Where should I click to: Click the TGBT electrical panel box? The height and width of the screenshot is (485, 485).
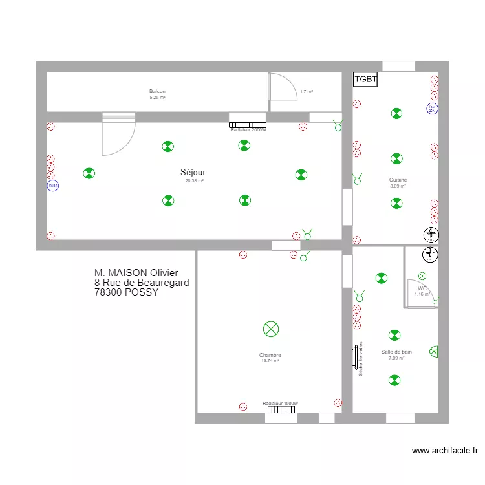tap(365, 80)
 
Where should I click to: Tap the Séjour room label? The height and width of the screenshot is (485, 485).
tap(193, 173)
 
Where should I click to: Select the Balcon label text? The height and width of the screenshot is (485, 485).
tap(157, 92)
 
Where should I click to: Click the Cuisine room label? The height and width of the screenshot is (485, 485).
tap(398, 180)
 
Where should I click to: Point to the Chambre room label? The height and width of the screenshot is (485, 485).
tap(270, 355)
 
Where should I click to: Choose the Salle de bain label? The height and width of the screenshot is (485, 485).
tap(396, 352)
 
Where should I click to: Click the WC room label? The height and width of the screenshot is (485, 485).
tap(422, 288)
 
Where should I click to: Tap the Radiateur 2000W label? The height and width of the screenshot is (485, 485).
tap(248, 130)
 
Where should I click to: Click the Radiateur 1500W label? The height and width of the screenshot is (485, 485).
tap(281, 404)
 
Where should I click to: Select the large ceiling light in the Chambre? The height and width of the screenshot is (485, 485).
tap(271, 329)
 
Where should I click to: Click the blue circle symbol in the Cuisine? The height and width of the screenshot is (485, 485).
tap(432, 109)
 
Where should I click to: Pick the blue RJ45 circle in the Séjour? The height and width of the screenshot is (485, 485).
tap(52, 186)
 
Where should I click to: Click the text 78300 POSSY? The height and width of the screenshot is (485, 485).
tap(126, 292)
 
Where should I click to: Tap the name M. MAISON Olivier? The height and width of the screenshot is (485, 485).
tap(136, 274)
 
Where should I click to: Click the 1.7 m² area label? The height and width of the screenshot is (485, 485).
tap(307, 92)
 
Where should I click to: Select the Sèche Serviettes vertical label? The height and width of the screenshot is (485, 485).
tap(360, 359)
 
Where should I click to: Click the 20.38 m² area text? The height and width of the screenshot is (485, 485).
tap(194, 181)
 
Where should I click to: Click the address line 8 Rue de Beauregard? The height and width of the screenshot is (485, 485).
tap(142, 283)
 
